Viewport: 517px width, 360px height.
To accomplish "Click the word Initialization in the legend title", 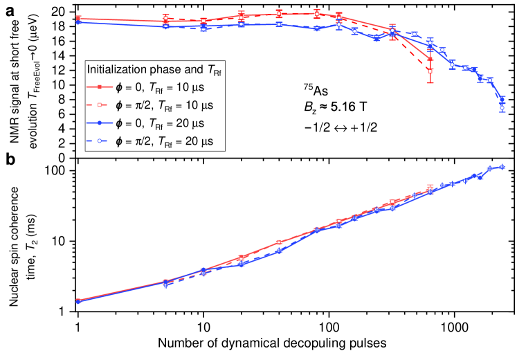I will tap(114, 70).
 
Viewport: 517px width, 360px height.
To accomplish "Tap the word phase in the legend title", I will tap(160, 70).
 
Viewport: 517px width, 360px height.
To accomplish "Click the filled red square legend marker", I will tap(100, 88).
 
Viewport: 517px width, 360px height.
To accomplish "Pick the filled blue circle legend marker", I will tap(100, 123).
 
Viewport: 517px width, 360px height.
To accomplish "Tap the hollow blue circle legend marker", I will tap(100, 141).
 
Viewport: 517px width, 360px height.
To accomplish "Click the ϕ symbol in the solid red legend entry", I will tap(119, 88).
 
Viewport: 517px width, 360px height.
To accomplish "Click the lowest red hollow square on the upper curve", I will tap(430, 71).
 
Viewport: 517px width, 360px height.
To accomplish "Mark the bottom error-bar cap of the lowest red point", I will tap(430, 83).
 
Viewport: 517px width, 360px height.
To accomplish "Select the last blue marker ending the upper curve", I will tap(502, 107).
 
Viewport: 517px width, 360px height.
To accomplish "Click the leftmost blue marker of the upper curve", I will tap(78, 22).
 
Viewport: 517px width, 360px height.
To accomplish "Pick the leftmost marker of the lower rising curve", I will tap(78, 301).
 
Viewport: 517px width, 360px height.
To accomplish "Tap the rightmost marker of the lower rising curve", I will tap(502, 166).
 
